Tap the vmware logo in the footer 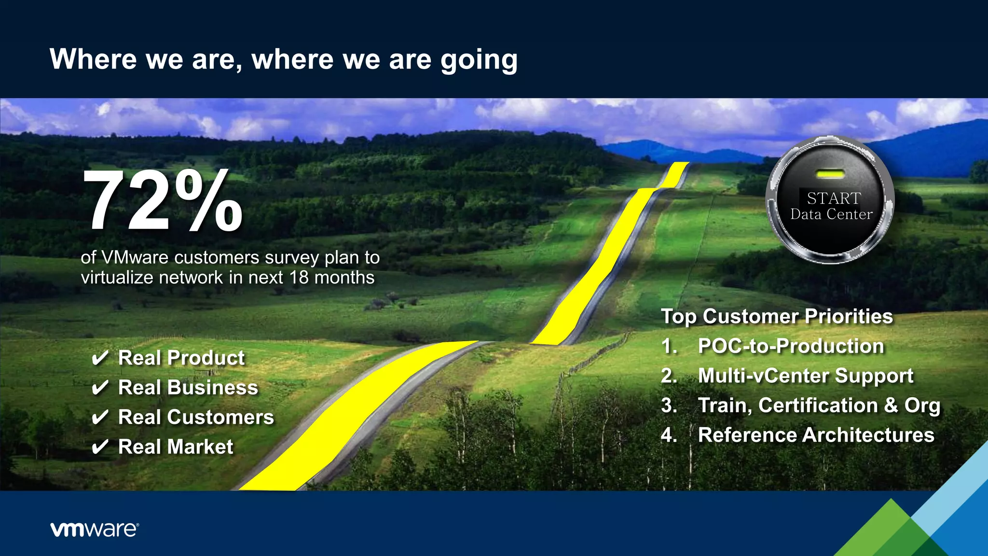95,529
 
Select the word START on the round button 834,198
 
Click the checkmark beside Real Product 100,359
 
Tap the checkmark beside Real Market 100,447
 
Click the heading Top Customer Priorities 777,317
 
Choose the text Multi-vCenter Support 805,375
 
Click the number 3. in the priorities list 669,405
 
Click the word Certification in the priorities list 818,405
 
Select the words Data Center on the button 831,214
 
